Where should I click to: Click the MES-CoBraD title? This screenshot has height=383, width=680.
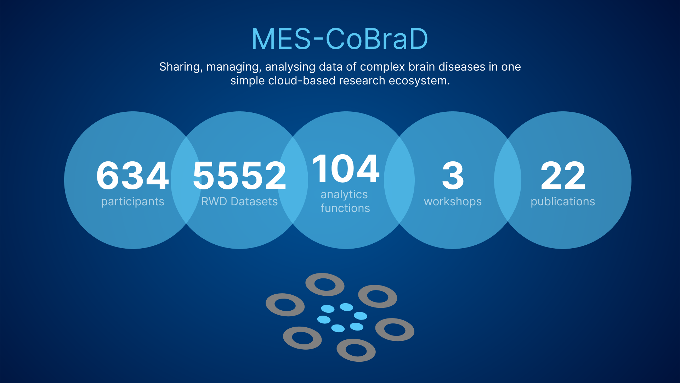tap(340, 39)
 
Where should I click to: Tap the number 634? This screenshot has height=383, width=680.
tap(132, 176)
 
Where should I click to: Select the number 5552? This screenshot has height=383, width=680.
tap(239, 176)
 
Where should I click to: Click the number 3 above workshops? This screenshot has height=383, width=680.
tap(453, 176)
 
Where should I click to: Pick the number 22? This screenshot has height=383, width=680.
tap(563, 176)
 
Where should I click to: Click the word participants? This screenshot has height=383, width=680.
tap(133, 202)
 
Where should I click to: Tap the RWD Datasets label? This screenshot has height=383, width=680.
tap(239, 201)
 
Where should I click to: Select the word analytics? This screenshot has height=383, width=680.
tap(344, 195)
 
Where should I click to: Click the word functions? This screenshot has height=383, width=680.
tap(345, 208)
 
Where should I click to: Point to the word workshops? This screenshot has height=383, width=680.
tap(453, 202)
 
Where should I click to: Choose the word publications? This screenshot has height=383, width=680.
tap(563, 202)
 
